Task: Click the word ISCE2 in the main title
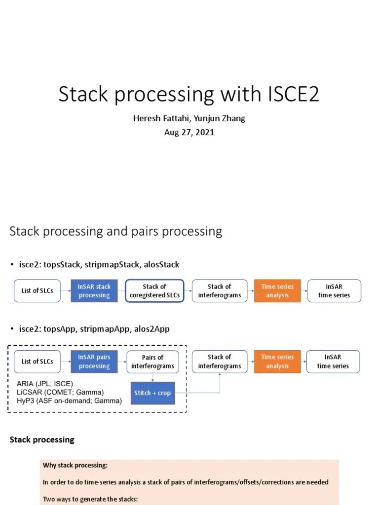(x=291, y=94)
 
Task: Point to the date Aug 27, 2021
(x=189, y=132)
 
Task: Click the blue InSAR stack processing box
(x=94, y=291)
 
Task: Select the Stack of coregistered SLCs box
(x=154, y=291)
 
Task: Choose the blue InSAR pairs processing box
(x=94, y=361)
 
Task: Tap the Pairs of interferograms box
(x=152, y=361)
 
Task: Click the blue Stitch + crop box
(x=152, y=393)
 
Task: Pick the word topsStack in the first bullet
(x=61, y=265)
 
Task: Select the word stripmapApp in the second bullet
(x=107, y=329)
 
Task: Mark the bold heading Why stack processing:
(x=75, y=466)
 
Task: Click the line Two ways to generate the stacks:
(x=90, y=499)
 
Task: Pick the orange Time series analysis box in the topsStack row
(x=277, y=291)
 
